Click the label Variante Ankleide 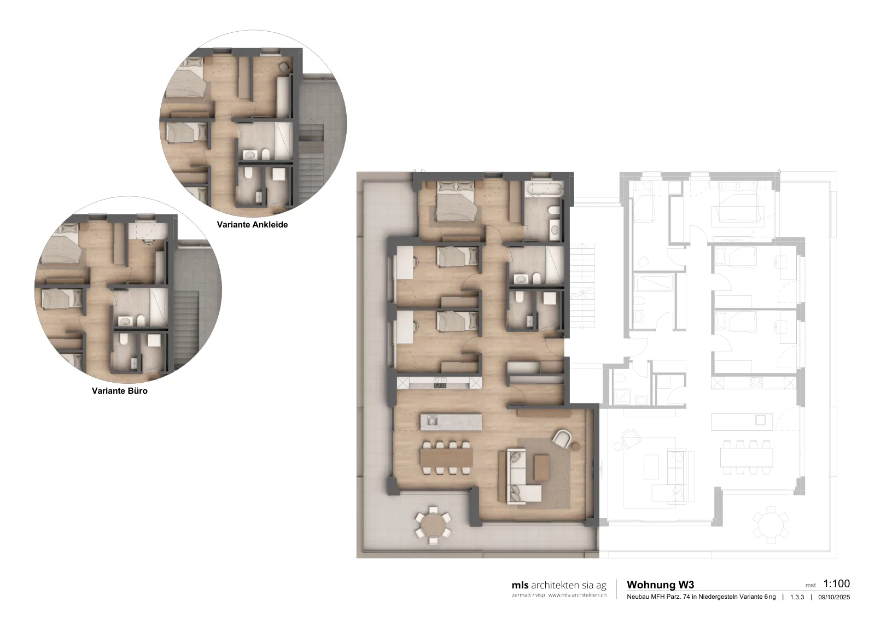pyautogui.click(x=252, y=225)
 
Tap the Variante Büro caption pyautogui.click(x=120, y=391)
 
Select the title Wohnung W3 pyautogui.click(x=661, y=585)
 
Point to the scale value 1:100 pyautogui.click(x=837, y=584)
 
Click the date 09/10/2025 pyautogui.click(x=834, y=597)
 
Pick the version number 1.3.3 pyautogui.click(x=797, y=597)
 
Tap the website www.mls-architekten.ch pyautogui.click(x=577, y=595)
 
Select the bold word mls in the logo pyautogui.click(x=520, y=585)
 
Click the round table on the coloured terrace pyautogui.click(x=433, y=525)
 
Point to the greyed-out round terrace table pyautogui.click(x=771, y=525)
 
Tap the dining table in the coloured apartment pyautogui.click(x=446, y=457)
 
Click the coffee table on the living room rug pyautogui.click(x=541, y=468)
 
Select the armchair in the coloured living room pyautogui.click(x=562, y=438)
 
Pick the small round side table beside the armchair pyautogui.click(x=576, y=446)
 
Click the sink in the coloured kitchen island pyautogui.click(x=432, y=421)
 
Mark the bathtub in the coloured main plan pyautogui.click(x=544, y=189)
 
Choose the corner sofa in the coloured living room pyautogui.click(x=520, y=476)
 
